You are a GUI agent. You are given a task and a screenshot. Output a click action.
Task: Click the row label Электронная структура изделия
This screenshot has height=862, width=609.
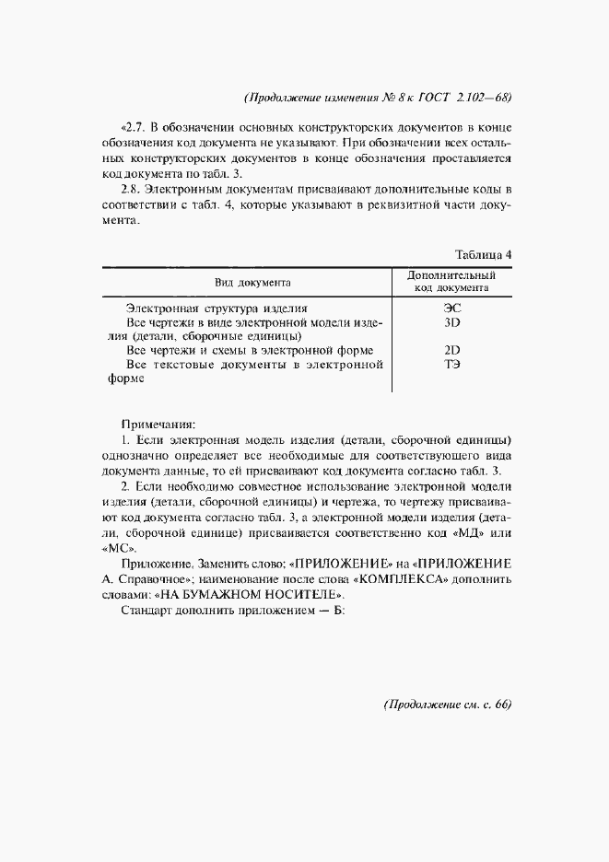(x=217, y=309)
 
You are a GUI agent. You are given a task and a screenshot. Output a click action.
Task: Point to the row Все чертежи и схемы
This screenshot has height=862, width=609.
(x=249, y=350)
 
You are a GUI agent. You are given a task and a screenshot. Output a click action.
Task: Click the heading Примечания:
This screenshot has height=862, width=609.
(x=158, y=425)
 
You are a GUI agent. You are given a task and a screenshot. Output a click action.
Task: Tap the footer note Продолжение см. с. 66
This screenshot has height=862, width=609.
(x=447, y=705)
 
